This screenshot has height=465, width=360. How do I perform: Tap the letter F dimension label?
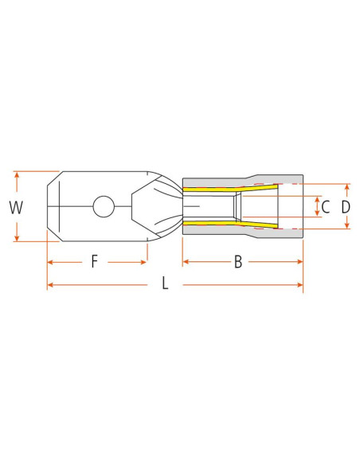(94, 261)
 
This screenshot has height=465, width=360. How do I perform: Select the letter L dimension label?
(165, 284)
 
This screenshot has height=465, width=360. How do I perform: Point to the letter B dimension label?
(237, 261)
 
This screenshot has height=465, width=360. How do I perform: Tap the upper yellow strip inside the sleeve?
(231, 190)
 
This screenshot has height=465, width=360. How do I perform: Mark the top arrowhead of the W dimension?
(16, 174)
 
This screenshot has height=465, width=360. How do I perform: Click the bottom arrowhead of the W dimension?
(16, 238)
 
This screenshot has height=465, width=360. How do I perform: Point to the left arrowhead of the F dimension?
(50, 261)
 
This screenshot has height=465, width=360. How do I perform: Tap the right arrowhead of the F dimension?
(144, 261)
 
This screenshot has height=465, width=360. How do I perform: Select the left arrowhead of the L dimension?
(50, 284)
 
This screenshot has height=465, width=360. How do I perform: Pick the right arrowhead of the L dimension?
(300, 284)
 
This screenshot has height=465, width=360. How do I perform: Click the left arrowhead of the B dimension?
(186, 261)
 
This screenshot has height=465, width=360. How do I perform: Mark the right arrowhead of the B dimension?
(300, 261)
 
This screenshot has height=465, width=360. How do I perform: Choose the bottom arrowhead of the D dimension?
(346, 228)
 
